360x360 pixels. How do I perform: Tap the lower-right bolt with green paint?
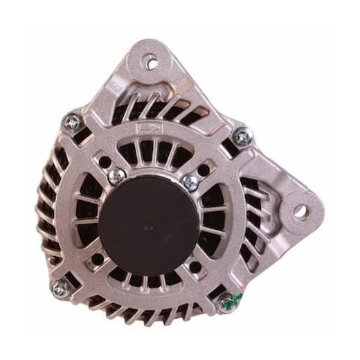[x=226, y=303]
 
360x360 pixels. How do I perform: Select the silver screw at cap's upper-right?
[x=189, y=182]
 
